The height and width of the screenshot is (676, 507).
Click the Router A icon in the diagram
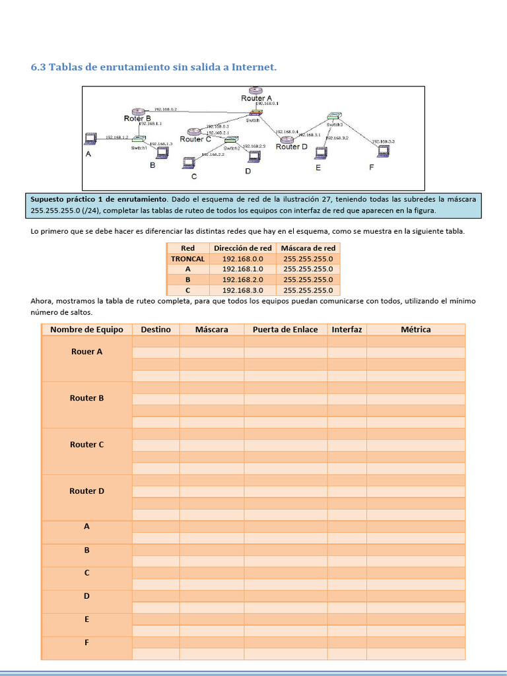tap(256, 90)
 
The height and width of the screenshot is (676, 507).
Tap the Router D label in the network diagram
tap(292, 147)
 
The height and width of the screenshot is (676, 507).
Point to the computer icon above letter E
tap(321, 153)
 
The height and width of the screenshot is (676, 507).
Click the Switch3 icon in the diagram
tap(334, 117)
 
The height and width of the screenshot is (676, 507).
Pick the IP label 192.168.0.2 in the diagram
tap(165, 109)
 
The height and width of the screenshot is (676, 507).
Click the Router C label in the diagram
tap(195, 139)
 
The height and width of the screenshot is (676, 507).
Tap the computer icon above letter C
tap(189, 162)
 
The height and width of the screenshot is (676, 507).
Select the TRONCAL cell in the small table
tap(187, 259)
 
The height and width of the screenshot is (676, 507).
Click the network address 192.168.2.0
tap(242, 280)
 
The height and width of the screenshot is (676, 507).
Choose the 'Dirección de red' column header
tap(242, 248)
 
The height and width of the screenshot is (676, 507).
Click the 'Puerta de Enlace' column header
tap(285, 329)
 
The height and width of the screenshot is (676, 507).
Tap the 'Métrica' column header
tap(416, 329)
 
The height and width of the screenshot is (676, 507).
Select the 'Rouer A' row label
tap(87, 352)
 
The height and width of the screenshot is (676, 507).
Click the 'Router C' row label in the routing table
tap(87, 445)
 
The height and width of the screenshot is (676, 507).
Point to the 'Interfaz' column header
tap(347, 329)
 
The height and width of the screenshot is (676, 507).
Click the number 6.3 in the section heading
tap(39, 67)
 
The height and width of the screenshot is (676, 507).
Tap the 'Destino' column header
tap(156, 329)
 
